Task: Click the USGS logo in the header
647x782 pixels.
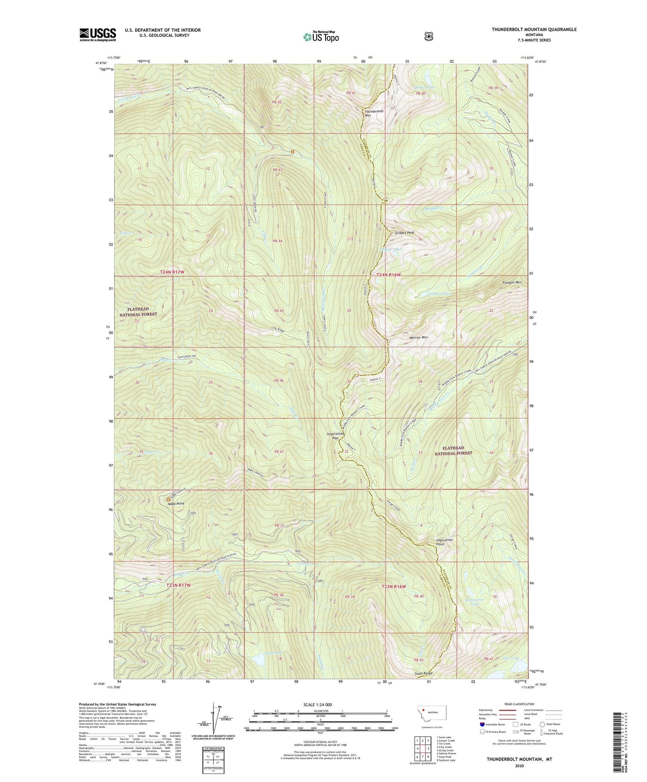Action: pos(98,34)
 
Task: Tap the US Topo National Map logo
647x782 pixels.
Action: pos(321,36)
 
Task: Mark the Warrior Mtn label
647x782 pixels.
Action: pos(418,337)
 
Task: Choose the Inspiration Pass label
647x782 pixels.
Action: pos(335,436)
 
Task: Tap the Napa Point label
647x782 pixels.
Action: pos(176,503)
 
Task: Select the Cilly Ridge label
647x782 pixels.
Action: pos(278,330)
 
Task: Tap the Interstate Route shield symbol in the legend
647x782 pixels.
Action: pos(482,724)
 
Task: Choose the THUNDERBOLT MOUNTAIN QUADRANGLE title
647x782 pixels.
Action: pos(534,30)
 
